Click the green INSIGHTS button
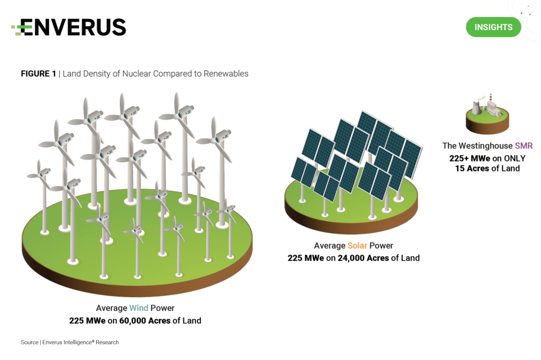click(x=493, y=27)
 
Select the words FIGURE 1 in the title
click(x=38, y=74)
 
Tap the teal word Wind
click(x=139, y=308)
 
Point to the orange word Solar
click(x=357, y=245)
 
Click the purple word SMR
click(x=524, y=146)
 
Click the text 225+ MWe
click(x=470, y=158)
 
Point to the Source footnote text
click(x=70, y=343)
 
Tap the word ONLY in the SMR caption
click(x=515, y=158)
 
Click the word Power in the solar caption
click(x=381, y=245)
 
